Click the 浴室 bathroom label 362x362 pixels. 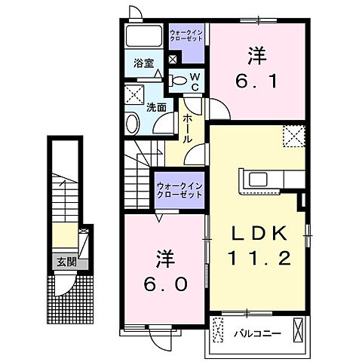click(x=143, y=64)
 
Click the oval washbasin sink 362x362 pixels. click(x=133, y=124)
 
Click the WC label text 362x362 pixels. click(x=193, y=81)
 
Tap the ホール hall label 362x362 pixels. click(x=186, y=127)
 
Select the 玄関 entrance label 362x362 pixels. click(x=61, y=263)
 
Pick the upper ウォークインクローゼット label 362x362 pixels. click(x=186, y=37)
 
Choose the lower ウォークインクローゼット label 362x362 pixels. click(x=179, y=190)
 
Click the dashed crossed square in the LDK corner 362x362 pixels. click(x=293, y=135)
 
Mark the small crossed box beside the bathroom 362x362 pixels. click(x=173, y=59)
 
